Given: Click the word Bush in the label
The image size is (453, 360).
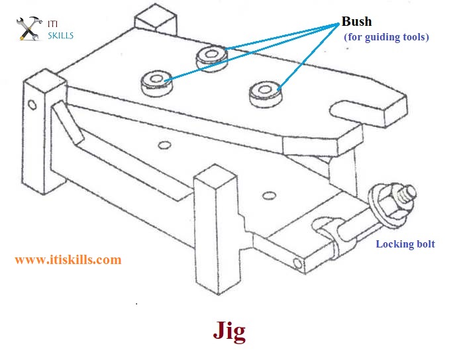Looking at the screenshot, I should tap(357, 21).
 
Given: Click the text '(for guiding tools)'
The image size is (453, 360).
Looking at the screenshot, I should tap(386, 37).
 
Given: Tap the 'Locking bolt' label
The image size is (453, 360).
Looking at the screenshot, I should tap(405, 244).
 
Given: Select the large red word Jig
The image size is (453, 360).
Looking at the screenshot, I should tap(229, 331).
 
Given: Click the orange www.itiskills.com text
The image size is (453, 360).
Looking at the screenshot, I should tap(68, 259).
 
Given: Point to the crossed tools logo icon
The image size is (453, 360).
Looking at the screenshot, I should tap(30, 28).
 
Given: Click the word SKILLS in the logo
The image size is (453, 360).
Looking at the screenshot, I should tap(61, 35).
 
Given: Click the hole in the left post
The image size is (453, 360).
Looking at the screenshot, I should tap(31, 105).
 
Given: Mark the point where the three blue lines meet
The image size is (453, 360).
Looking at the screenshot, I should tap(338, 24).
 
